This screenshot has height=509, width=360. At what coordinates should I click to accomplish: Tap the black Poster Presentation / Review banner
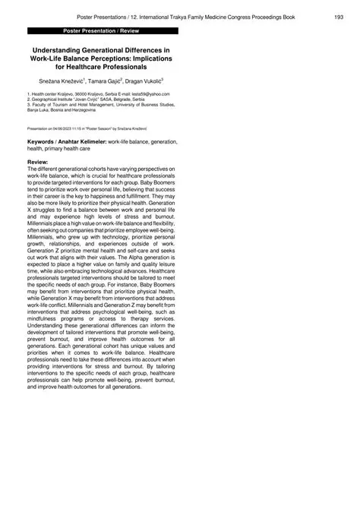click(103, 31)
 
